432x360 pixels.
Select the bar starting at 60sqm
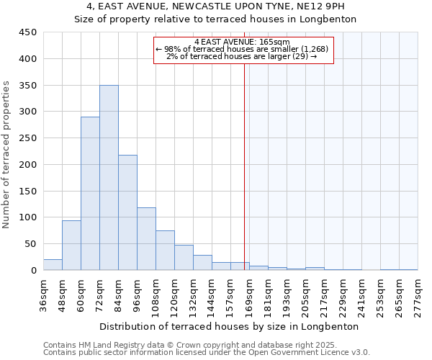pos(90,194)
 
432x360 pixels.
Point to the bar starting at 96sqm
pos(146,239)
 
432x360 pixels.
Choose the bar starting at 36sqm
pos(53,265)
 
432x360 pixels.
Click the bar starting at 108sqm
pos(165,251)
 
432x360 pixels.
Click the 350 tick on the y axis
pos(27,85)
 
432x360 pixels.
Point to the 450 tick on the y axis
pos(27,32)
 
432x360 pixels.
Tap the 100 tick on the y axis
pos(27,217)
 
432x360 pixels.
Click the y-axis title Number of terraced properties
pos(6,154)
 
